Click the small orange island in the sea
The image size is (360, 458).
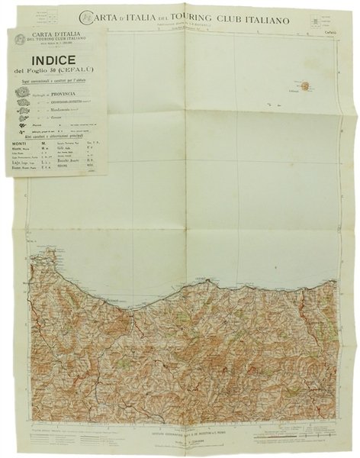[x=304, y=86]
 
